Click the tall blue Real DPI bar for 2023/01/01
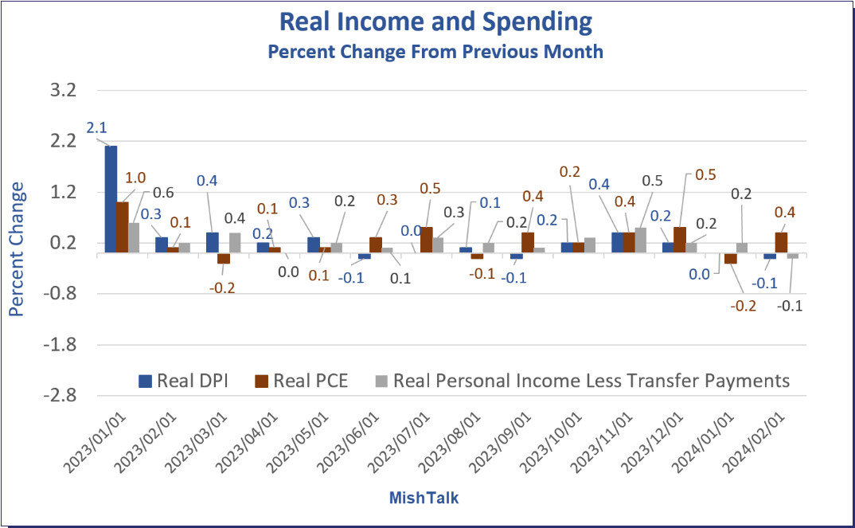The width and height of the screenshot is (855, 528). tap(111, 199)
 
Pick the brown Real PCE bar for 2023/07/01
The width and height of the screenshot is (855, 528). tap(427, 240)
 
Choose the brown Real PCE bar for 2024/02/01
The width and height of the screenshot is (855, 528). tap(781, 242)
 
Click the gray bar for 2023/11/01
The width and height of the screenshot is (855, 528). tap(640, 241)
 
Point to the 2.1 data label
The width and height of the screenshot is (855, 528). tap(96, 127)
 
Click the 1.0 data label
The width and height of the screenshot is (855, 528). tap(137, 178)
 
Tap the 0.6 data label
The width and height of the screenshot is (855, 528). tap(163, 193)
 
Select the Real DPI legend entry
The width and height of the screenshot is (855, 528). tap(184, 381)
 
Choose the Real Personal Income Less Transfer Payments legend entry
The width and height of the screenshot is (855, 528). tap(582, 381)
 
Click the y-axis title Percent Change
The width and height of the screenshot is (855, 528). tap(17, 249)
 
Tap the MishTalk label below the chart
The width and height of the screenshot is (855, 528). tap(424, 499)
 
